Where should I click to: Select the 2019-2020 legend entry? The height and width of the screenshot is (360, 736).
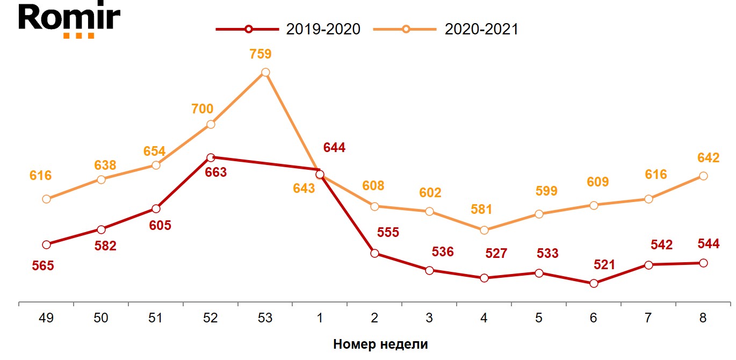click(x=288, y=29)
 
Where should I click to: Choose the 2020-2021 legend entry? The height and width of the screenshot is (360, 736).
click(x=446, y=29)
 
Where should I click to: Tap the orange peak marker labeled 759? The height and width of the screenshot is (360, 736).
click(x=265, y=73)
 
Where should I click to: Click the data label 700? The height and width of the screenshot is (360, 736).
click(x=202, y=109)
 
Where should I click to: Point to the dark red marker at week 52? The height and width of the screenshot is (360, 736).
click(x=211, y=157)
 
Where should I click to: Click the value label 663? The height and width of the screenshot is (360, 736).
click(x=216, y=172)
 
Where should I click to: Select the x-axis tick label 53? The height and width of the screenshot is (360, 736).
click(x=265, y=318)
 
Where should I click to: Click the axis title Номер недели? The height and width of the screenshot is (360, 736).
click(x=380, y=344)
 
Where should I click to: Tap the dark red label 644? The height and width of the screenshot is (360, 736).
click(x=334, y=148)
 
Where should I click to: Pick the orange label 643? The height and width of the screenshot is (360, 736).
click(x=304, y=188)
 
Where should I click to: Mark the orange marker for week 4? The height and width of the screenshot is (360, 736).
click(x=484, y=230)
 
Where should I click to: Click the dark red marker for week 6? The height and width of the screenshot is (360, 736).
click(x=594, y=283)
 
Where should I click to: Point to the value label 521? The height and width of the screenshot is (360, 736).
click(x=604, y=264)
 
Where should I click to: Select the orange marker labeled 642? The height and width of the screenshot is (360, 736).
click(x=703, y=176)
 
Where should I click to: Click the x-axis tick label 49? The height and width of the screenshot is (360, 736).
click(x=46, y=318)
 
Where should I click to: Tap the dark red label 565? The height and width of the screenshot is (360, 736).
click(x=43, y=265)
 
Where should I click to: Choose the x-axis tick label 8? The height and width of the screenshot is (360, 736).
click(x=703, y=318)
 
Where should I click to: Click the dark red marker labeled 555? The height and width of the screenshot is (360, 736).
click(x=374, y=253)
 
